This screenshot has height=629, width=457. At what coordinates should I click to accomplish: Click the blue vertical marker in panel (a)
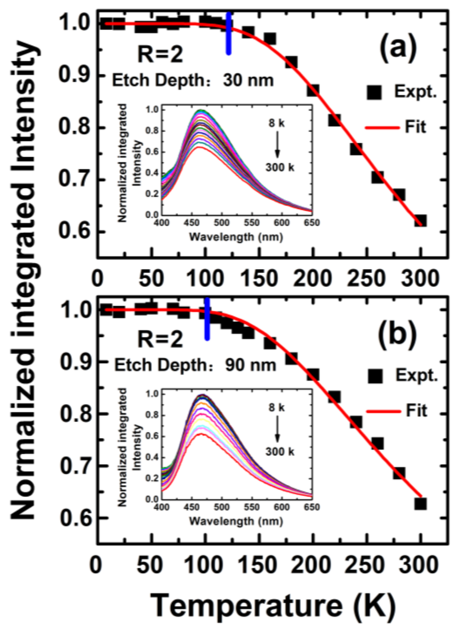pos(229,33)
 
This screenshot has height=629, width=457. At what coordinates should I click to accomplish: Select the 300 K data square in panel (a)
pos(420,221)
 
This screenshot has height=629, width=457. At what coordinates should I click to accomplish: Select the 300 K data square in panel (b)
pos(420,504)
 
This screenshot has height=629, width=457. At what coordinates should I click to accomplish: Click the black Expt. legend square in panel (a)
pos(374,93)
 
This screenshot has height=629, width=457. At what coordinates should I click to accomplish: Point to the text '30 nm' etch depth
pos(248,80)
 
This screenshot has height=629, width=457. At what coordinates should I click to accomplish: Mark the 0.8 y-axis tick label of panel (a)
pos(74,128)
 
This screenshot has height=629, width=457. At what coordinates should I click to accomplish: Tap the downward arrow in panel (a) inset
pos(278,144)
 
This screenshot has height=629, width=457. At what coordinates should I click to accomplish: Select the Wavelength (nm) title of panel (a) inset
pos(236,237)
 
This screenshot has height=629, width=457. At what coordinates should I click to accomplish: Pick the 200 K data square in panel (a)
pos(313,91)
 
